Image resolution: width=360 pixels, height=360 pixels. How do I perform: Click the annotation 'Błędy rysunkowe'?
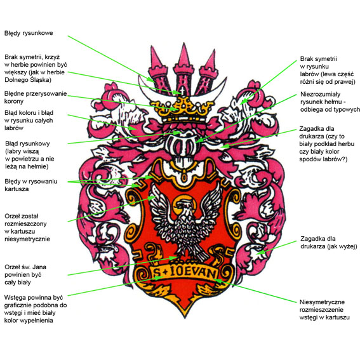[x=29, y=33]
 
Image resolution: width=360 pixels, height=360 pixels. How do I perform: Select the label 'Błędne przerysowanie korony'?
[x=36, y=97]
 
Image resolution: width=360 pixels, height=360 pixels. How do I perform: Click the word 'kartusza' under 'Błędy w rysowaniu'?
[x=17, y=189]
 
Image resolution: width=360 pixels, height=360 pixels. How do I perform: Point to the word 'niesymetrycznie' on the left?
[x=27, y=239]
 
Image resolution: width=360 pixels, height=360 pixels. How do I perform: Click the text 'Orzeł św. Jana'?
[x=25, y=267]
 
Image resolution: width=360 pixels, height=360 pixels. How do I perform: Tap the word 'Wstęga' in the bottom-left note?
[x=15, y=298]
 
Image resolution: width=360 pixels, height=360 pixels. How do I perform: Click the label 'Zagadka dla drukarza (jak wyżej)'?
[x=329, y=243]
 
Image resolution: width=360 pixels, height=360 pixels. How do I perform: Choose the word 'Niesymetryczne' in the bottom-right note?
[x=322, y=302]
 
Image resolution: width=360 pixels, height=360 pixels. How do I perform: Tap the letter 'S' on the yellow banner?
[x=157, y=272]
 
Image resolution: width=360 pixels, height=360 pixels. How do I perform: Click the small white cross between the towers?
[x=182, y=91]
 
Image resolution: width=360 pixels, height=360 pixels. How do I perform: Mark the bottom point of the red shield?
[x=185, y=318]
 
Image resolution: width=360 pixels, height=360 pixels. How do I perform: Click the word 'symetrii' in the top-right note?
[x=326, y=59]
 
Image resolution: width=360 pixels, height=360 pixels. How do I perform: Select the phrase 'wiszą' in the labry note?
[x=31, y=152]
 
